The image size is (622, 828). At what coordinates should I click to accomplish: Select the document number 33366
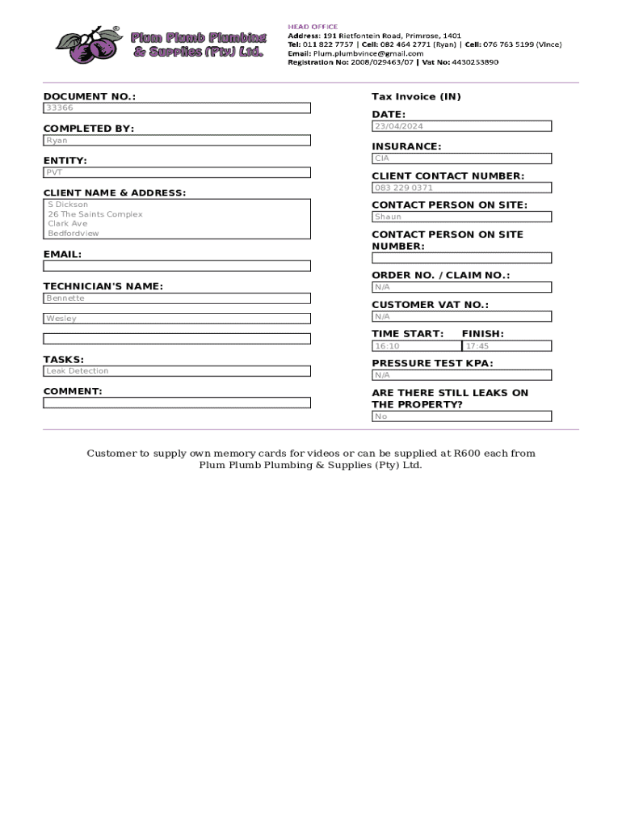(x=60, y=108)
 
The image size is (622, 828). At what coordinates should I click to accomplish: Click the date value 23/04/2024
(x=399, y=126)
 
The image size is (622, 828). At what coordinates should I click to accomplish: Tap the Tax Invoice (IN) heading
(x=416, y=96)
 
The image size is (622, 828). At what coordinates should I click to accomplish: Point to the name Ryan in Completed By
(x=57, y=140)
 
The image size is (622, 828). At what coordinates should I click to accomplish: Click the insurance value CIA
(x=381, y=158)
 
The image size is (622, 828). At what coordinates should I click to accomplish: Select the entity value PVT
(x=54, y=172)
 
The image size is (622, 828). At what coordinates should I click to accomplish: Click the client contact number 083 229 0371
(x=404, y=188)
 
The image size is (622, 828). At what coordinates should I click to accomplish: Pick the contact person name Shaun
(x=388, y=217)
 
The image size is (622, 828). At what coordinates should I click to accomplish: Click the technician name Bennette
(x=65, y=298)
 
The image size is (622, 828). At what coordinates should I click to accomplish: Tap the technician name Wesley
(x=61, y=319)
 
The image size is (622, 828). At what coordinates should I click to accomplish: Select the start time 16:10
(x=387, y=346)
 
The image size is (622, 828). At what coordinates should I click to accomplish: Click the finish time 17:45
(x=477, y=346)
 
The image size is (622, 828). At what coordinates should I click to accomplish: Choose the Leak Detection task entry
(x=78, y=371)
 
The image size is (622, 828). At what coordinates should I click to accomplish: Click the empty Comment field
(x=176, y=403)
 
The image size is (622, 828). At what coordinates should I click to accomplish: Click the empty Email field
(x=176, y=265)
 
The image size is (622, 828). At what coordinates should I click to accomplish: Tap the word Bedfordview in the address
(x=74, y=233)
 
